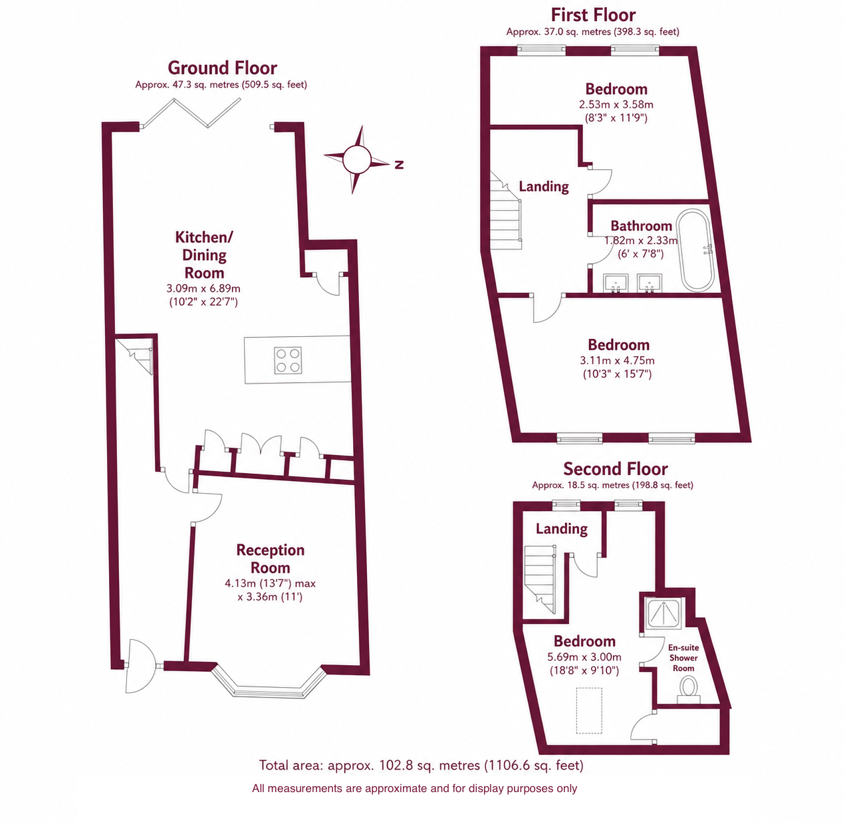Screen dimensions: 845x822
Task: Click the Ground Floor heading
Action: point(222,68)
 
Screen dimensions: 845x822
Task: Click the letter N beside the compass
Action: point(399,165)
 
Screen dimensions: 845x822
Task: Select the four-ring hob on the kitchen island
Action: point(288,360)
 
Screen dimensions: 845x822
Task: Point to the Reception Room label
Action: point(270,559)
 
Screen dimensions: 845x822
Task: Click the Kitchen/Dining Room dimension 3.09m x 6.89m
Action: point(203,288)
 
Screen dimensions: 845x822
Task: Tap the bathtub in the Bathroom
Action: point(695,251)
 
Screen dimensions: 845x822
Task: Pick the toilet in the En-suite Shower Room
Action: point(689,691)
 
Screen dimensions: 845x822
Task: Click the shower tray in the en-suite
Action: point(663,613)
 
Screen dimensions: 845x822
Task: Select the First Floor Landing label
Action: point(544,187)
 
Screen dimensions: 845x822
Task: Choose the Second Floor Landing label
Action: point(562,528)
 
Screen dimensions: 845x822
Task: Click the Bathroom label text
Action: point(641,226)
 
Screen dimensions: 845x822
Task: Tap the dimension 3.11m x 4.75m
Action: point(617,360)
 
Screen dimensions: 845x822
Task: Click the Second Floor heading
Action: point(615,469)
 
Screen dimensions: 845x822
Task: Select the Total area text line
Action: point(421,765)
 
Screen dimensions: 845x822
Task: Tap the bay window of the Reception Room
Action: point(269,681)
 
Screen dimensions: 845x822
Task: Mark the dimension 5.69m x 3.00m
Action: point(584,657)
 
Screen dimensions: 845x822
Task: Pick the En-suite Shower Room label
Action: point(683,658)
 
